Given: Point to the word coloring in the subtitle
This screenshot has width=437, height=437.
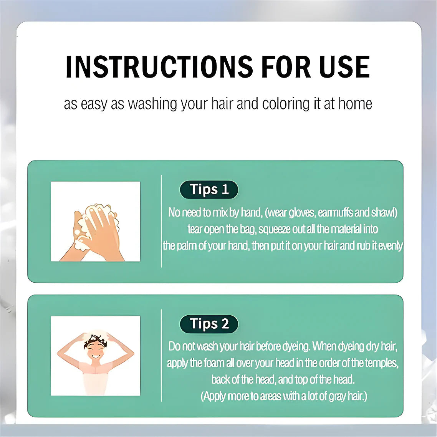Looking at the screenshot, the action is (x=286, y=104).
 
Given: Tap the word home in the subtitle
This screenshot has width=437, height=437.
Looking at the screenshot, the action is (x=355, y=103).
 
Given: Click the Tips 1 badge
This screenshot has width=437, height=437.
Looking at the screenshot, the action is (x=209, y=190).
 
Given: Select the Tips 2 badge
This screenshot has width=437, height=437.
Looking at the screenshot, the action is (x=209, y=324).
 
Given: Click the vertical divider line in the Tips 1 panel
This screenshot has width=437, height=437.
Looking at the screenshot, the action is (x=161, y=221).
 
